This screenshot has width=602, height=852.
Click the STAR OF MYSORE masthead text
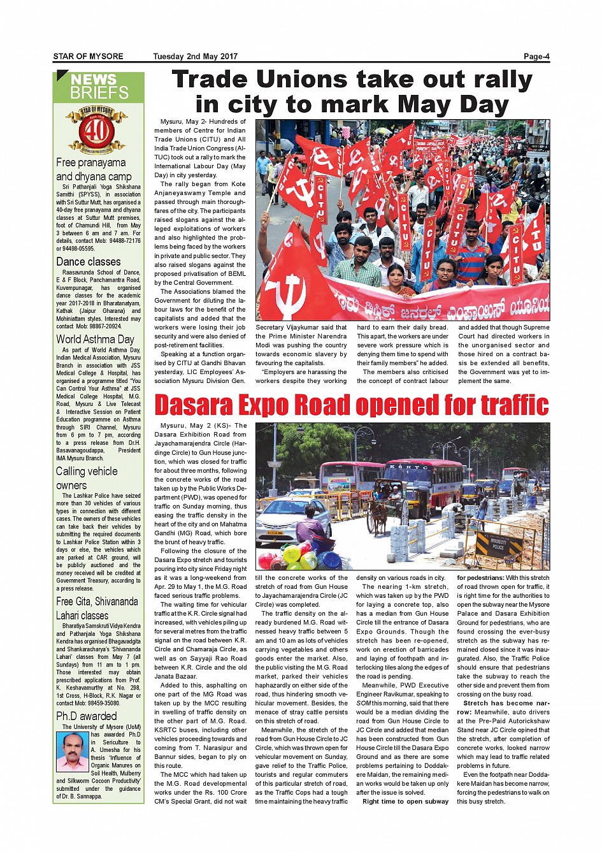tap(88, 56)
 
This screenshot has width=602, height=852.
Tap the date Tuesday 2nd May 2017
tap(195, 56)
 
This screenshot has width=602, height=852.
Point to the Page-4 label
tap(536, 56)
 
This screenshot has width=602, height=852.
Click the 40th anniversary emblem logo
tap(97, 130)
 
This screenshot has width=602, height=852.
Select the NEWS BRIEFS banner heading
tap(99, 87)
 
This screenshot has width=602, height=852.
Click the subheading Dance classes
tap(88, 262)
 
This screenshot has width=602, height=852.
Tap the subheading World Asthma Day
tap(95, 339)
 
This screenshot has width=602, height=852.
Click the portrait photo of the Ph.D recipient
tap(72, 751)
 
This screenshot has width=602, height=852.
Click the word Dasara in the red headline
tap(194, 405)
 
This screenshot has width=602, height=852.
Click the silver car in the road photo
tap(293, 517)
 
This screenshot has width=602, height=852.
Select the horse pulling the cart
tap(377, 514)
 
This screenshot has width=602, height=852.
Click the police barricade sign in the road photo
tap(498, 543)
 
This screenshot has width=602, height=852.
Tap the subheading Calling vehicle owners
tap(87, 478)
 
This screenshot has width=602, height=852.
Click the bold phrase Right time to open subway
tap(405, 802)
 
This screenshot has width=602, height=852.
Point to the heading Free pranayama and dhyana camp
tap(94, 170)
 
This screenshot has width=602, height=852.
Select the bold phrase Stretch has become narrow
tap(503, 708)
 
